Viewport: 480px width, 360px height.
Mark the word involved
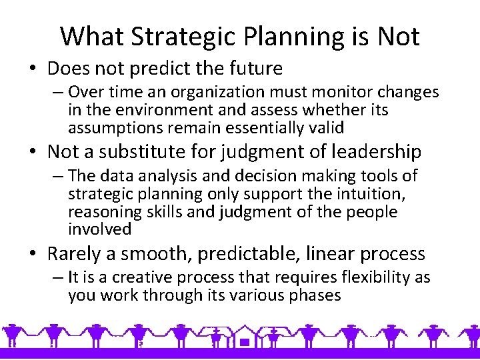click(99, 230)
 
